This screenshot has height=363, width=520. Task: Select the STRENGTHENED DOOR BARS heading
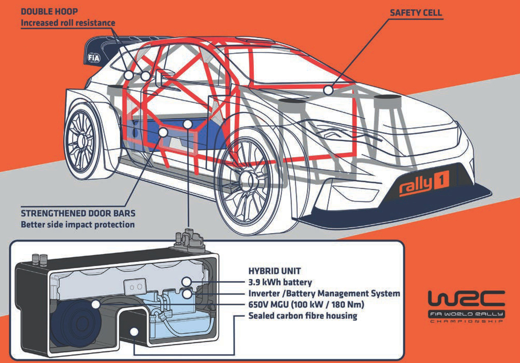click(78, 214)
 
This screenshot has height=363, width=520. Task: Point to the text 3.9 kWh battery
click(280, 283)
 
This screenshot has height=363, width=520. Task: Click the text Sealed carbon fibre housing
click(302, 316)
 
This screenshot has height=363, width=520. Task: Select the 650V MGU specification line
click(306, 305)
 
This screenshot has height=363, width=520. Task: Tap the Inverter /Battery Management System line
click(324, 294)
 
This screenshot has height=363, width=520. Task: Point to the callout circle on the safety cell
click(328, 90)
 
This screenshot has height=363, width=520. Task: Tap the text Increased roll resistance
click(68, 23)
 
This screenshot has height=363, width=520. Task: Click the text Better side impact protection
click(78, 225)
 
